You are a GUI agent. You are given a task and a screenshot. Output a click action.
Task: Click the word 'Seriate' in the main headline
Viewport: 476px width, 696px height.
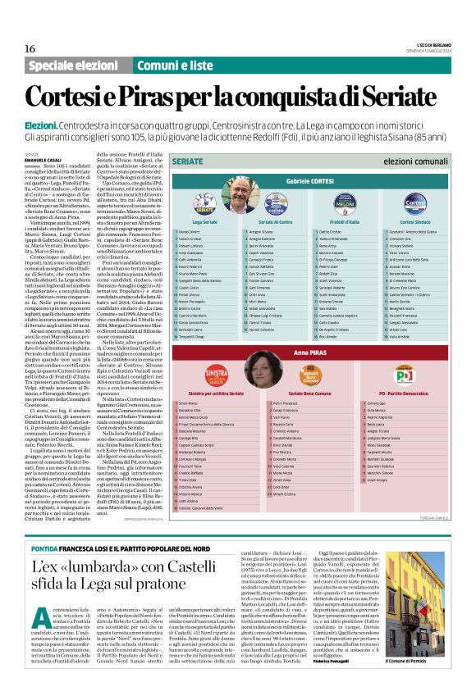click(387, 92)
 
